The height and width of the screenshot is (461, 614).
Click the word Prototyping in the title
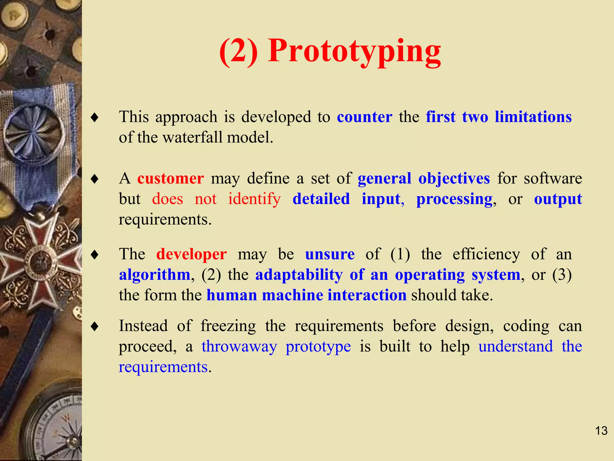tap(354, 52)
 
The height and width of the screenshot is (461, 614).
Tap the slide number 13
tap(601, 431)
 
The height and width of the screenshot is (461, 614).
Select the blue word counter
tap(364, 117)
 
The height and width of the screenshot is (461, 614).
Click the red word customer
tap(171, 179)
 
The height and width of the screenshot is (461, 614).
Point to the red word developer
tap(191, 255)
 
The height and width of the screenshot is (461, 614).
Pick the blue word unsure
tap(330, 255)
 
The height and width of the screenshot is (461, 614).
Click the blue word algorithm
tap(155, 275)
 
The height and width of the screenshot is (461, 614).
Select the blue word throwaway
tap(239, 347)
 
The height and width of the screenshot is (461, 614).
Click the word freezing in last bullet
tap(228, 326)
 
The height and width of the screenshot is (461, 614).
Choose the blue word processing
tap(454, 200)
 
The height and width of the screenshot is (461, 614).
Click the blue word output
tap(558, 199)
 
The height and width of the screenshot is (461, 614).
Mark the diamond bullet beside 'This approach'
tap(95, 117)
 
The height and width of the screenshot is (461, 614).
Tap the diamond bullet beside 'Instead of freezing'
tap(95, 326)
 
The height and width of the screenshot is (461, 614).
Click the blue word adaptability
tap(299, 275)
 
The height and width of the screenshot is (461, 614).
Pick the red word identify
tap(254, 199)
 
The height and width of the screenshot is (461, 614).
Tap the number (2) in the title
tap(238, 52)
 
